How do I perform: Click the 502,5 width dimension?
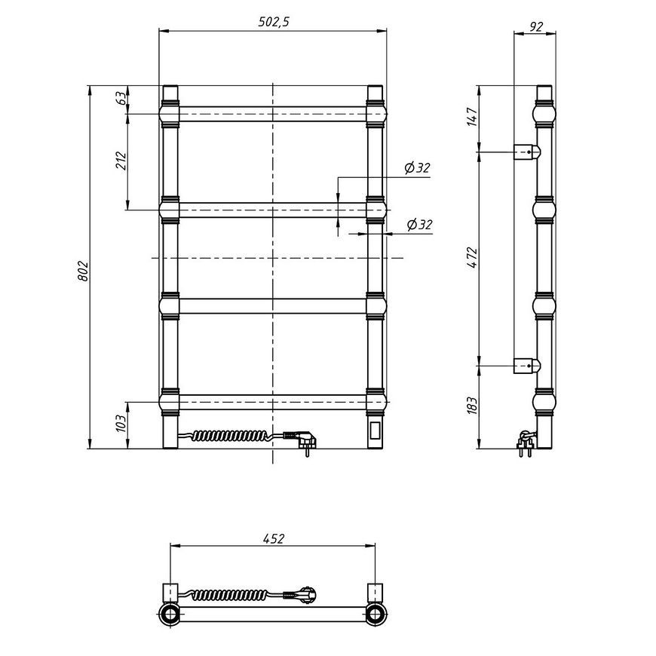click(274, 22)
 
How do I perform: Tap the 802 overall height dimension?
click(83, 271)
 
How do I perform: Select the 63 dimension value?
click(121, 98)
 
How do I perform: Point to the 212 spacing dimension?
click(121, 161)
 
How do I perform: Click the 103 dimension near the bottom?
click(121, 424)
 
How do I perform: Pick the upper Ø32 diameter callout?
click(417, 167)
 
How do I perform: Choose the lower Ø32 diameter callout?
click(420, 225)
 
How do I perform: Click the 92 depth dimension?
click(536, 27)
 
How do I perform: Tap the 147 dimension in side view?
click(472, 117)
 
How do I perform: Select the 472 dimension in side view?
click(472, 258)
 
